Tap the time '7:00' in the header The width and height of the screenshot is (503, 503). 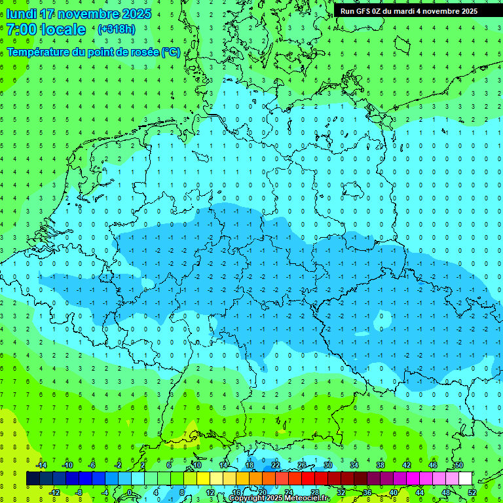click(21, 29)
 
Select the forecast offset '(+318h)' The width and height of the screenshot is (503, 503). click(116, 29)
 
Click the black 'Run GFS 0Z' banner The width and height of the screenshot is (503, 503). click(409, 10)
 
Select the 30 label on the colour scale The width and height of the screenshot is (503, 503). click(327, 465)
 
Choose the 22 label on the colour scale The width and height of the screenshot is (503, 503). click(276, 465)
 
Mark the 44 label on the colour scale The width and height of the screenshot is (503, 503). click(420, 492)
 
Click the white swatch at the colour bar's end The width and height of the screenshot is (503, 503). click(466, 478)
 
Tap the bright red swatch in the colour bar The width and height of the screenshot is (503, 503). click(308, 478)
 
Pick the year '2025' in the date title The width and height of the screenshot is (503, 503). click(137, 14)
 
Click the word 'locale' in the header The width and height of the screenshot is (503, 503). click(63, 29)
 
